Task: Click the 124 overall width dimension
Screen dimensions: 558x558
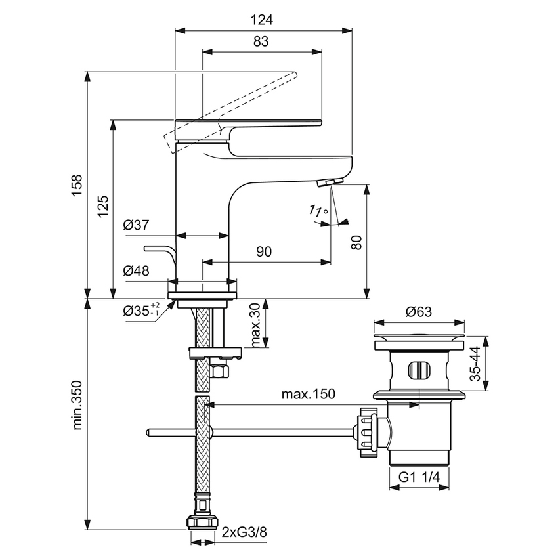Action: pyautogui.click(x=261, y=20)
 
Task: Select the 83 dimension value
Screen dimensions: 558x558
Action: pyautogui.click(x=261, y=41)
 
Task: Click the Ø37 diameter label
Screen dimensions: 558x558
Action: pyautogui.click(x=136, y=225)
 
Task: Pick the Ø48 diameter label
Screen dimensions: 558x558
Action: pyautogui.click(x=136, y=270)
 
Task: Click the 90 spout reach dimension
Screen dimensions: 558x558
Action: pyautogui.click(x=265, y=251)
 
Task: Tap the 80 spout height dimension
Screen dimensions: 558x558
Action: pyautogui.click(x=356, y=242)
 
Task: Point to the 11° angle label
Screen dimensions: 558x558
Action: pyautogui.click(x=318, y=211)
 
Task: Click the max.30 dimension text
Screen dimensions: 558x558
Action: pyautogui.click(x=255, y=326)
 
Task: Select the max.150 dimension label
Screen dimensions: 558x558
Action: pyautogui.click(x=309, y=394)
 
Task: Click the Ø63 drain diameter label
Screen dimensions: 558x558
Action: pyautogui.click(x=418, y=312)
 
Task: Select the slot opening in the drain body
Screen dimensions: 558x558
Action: pyautogui.click(x=418, y=370)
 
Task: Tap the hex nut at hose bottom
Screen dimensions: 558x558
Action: pyautogui.click(x=202, y=523)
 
